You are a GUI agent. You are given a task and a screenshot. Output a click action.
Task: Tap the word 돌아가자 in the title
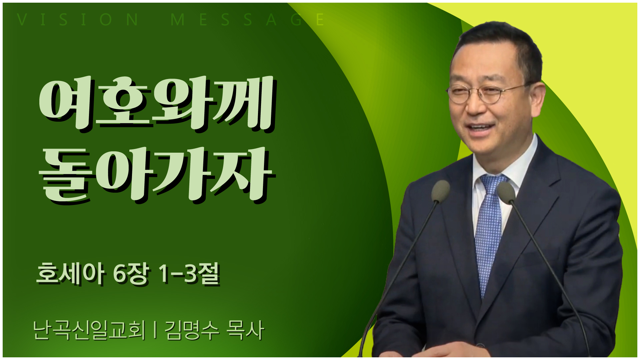[157, 175]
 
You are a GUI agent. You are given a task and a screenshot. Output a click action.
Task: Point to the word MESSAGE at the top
[247, 20]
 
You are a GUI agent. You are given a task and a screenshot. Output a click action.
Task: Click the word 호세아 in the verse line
[70, 273]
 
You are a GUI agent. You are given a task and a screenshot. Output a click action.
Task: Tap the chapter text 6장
[130, 274]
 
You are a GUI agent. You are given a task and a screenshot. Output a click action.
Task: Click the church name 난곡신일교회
[89, 330]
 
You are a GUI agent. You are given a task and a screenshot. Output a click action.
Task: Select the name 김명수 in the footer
[192, 330]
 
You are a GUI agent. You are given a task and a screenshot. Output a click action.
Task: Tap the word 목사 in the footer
[245, 330]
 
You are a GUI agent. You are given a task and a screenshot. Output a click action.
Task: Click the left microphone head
[440, 191]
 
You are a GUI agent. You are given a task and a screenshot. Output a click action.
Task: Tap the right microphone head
[506, 193]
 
